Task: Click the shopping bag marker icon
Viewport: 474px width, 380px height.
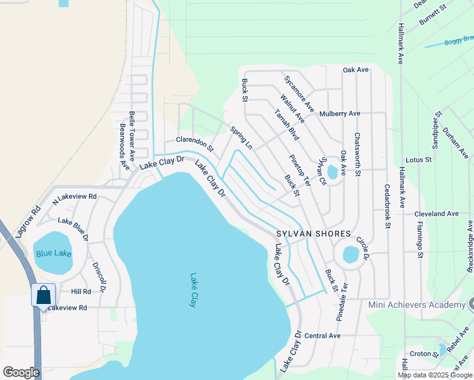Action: click(x=43, y=295)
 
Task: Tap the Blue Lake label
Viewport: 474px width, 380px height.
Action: click(x=53, y=253)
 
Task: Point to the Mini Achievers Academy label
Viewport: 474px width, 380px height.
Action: click(x=416, y=305)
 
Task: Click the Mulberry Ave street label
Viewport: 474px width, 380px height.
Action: click(x=340, y=114)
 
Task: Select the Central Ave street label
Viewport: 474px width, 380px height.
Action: click(x=323, y=335)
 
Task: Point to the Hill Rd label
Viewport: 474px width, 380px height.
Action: click(x=81, y=291)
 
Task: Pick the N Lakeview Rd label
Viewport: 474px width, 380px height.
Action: click(x=74, y=197)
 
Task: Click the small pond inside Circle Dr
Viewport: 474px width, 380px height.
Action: click(x=350, y=255)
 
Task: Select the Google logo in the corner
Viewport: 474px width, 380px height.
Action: click(x=21, y=372)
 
